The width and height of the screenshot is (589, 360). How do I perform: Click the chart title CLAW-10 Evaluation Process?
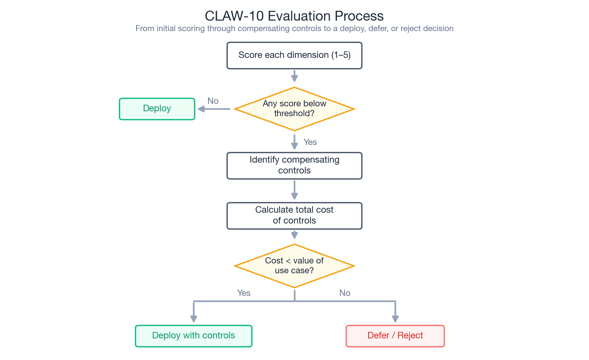tap(294, 16)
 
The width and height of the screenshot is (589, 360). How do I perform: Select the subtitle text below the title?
tap(294, 28)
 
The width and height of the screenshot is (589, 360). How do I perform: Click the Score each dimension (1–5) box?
tap(294, 55)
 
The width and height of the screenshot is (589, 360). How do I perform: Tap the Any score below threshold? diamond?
tap(294, 109)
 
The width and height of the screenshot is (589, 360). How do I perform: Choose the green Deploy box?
tap(157, 109)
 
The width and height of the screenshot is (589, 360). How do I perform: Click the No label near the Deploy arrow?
tap(213, 101)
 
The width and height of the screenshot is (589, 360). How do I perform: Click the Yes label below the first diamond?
tap(310, 142)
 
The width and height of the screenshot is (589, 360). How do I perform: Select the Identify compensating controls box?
tap(294, 165)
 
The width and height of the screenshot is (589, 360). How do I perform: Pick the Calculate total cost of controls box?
tap(294, 215)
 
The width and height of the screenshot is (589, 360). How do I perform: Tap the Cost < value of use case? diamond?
tap(294, 266)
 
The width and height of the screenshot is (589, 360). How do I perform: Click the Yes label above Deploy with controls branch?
tap(244, 293)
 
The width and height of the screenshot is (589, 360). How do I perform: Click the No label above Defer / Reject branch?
tap(345, 293)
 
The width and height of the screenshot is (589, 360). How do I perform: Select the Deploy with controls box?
tap(193, 336)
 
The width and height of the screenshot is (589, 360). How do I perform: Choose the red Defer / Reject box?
tap(395, 336)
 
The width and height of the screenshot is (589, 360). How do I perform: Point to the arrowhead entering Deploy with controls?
tap(194, 318)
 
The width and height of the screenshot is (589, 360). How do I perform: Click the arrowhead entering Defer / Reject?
tap(395, 318)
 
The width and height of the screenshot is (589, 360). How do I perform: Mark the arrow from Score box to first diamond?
tap(294, 76)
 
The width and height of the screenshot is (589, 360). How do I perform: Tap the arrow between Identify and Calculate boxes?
tap(294, 190)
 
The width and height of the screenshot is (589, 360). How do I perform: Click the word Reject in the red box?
tap(410, 335)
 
